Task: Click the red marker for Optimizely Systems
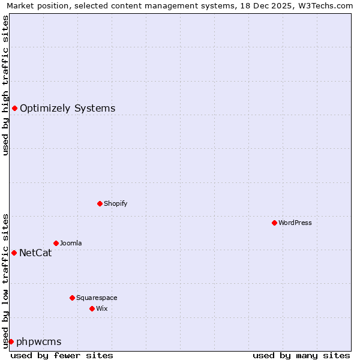14,108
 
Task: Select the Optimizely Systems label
67,109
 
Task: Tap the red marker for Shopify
100,203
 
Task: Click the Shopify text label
115,204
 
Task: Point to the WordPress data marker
274,223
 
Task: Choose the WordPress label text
295,223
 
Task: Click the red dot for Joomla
56,243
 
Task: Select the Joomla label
71,244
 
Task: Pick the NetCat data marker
14,253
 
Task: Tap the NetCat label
35,253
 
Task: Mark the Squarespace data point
72,298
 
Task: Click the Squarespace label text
97,298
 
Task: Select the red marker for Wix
92,308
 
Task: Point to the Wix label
101,309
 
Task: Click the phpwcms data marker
11,341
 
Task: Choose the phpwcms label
38,342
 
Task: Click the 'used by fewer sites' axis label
62,356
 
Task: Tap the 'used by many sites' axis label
301,356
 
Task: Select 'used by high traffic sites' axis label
6,85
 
